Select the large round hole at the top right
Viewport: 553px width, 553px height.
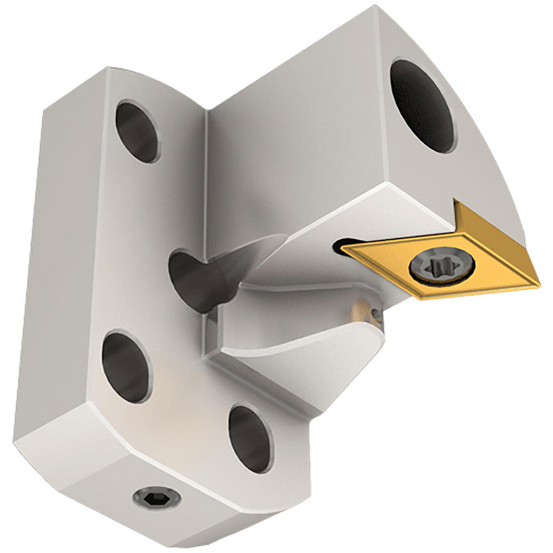424,105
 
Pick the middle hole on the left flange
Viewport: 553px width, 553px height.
126,365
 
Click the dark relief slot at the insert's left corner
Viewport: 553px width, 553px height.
338,247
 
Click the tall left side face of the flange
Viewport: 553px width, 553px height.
61,249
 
